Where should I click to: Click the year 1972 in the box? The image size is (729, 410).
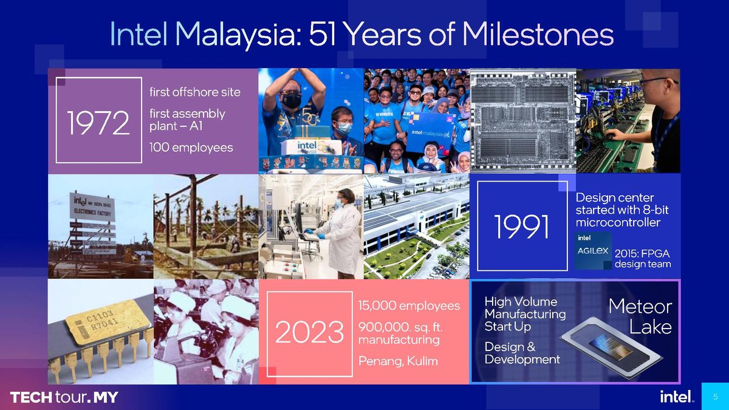[98, 124]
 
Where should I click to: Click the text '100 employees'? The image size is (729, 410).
[191, 148]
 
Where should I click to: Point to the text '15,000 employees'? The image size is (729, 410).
[409, 306]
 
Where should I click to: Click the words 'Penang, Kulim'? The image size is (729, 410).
[397, 361]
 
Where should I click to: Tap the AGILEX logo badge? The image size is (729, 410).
[592, 250]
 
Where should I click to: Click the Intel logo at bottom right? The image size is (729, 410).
[676, 397]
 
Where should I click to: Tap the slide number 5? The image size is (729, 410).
[715, 397]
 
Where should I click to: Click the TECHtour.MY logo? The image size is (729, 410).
[64, 398]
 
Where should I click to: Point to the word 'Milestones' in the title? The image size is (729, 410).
[538, 35]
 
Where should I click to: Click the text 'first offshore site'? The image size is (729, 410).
[194, 92]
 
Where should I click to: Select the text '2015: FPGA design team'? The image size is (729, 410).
[642, 259]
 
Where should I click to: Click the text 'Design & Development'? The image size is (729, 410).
[522, 353]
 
